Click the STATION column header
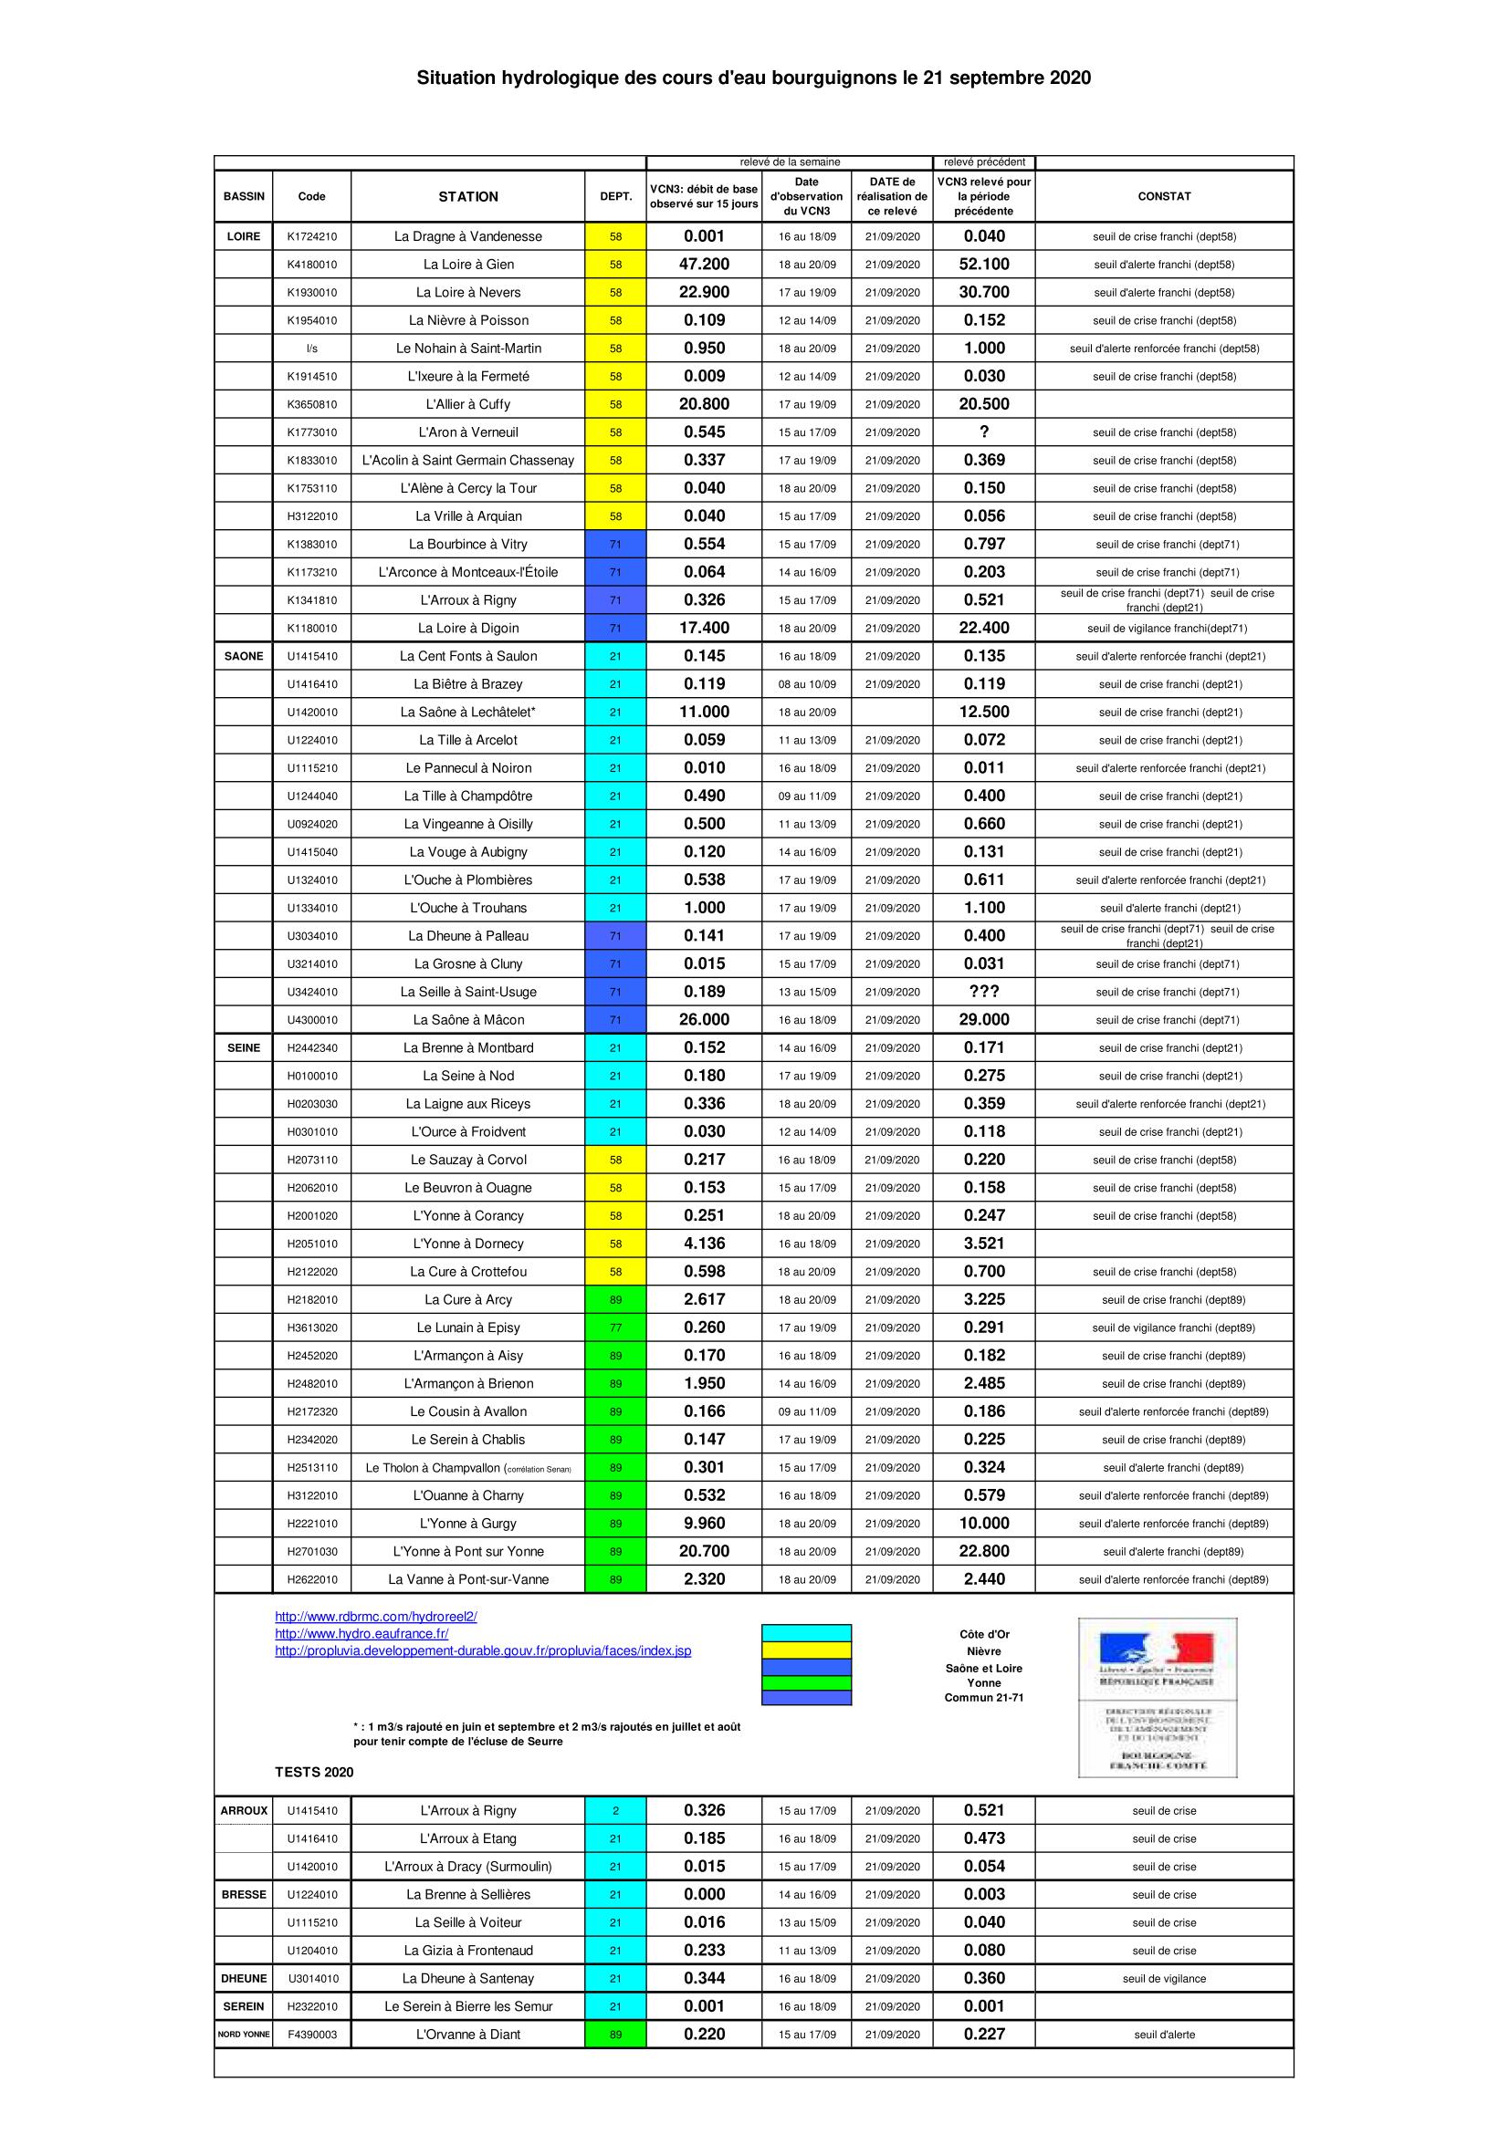(x=467, y=197)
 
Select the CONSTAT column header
(x=1163, y=197)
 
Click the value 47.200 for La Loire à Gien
(x=704, y=264)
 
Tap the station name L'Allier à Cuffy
(x=467, y=404)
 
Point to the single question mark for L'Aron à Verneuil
(x=984, y=432)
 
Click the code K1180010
(x=311, y=629)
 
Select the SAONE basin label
(x=244, y=656)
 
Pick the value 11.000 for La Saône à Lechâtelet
(x=704, y=712)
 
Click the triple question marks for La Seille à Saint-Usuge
(x=984, y=992)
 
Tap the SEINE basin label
(x=244, y=1047)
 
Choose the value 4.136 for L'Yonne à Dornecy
(x=704, y=1244)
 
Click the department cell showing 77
(x=615, y=1327)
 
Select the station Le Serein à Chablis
(x=467, y=1440)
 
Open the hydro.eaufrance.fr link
(x=362, y=1634)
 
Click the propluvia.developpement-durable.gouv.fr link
(x=483, y=1650)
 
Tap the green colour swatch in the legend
(x=806, y=1682)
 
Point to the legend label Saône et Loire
(x=984, y=1669)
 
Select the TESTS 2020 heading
(x=314, y=1772)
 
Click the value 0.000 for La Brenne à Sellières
(x=704, y=1894)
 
